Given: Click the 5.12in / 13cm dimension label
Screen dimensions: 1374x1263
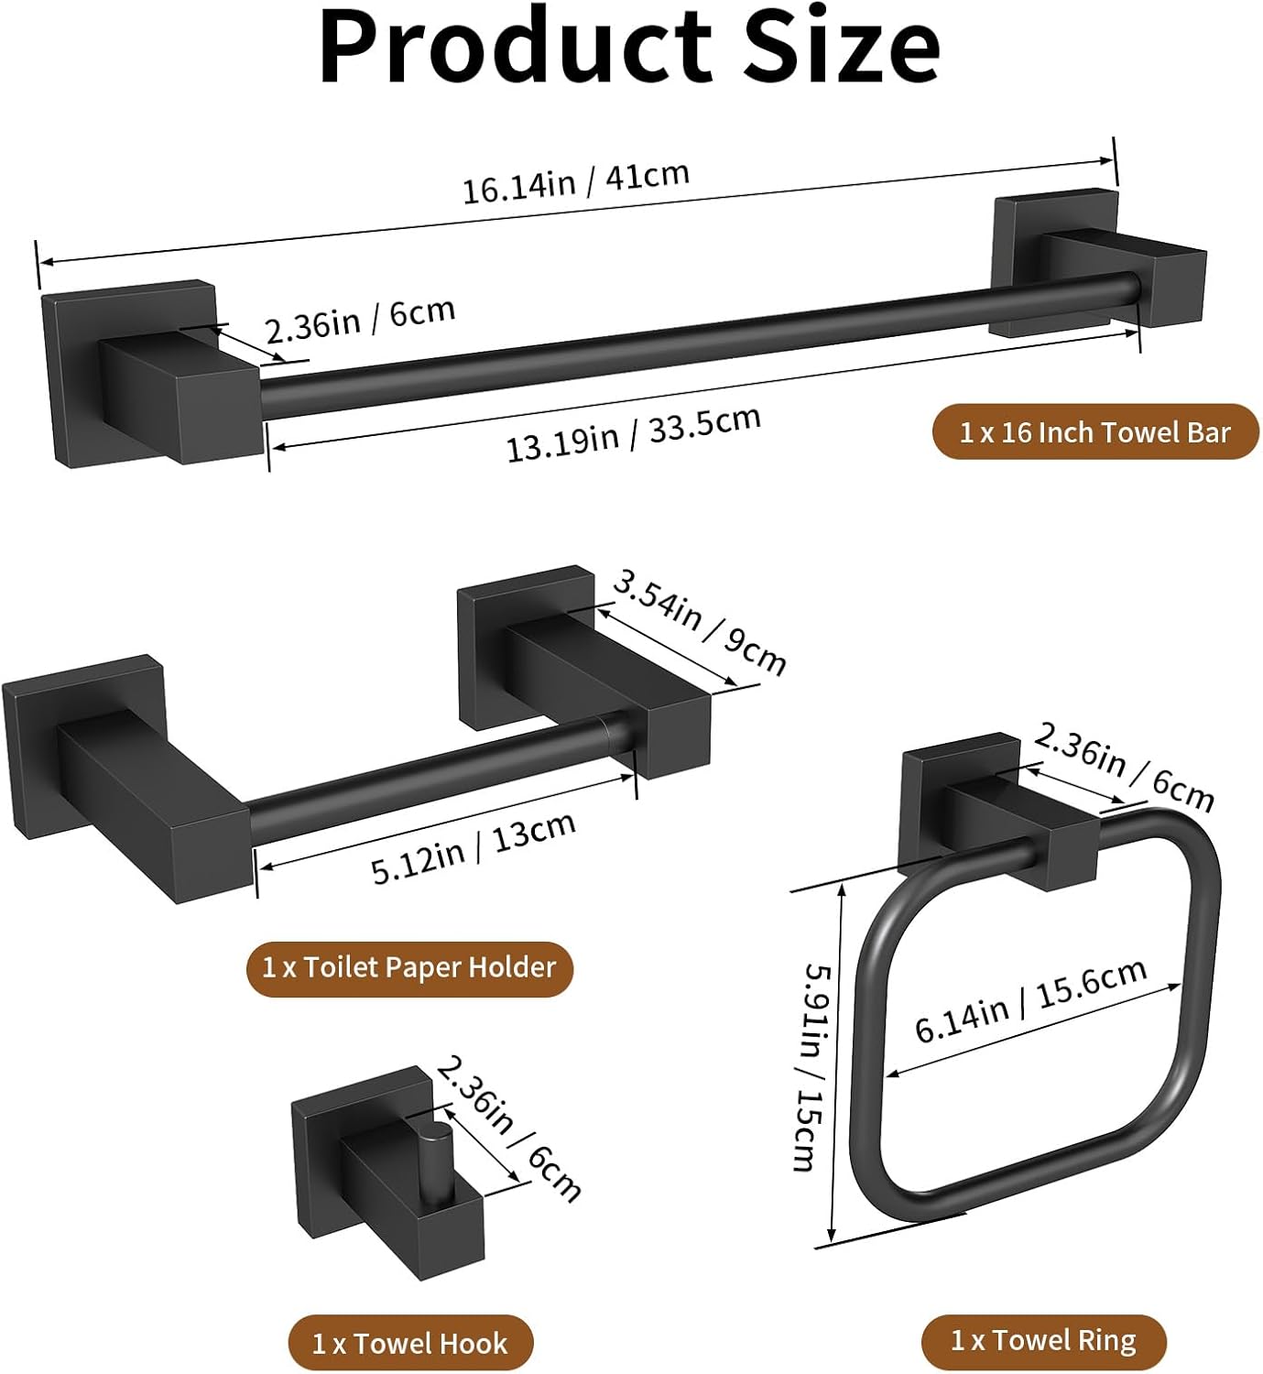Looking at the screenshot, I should [x=474, y=847].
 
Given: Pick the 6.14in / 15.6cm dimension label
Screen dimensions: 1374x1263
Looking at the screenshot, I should [x=1030, y=1000].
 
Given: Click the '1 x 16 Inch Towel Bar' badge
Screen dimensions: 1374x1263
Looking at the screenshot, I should [x=1094, y=431].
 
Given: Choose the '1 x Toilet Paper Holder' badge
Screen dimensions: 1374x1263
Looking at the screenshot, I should [x=409, y=967].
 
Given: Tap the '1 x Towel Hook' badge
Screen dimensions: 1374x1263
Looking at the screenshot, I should [x=409, y=1343].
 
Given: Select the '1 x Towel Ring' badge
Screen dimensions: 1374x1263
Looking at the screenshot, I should [x=1043, y=1341].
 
